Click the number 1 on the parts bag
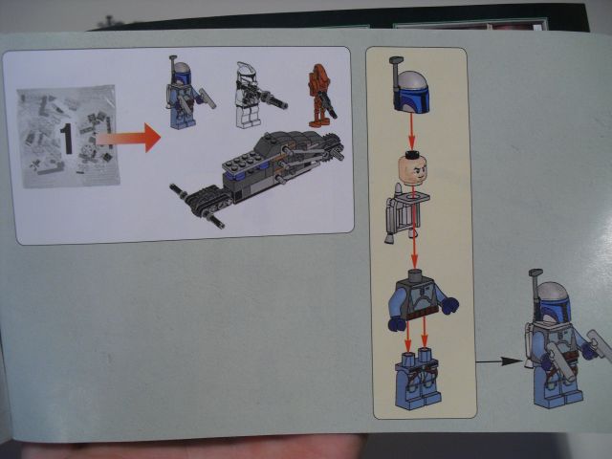(x=68, y=140)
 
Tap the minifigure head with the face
(x=412, y=172)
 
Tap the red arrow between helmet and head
(x=412, y=134)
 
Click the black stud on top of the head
(x=412, y=154)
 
